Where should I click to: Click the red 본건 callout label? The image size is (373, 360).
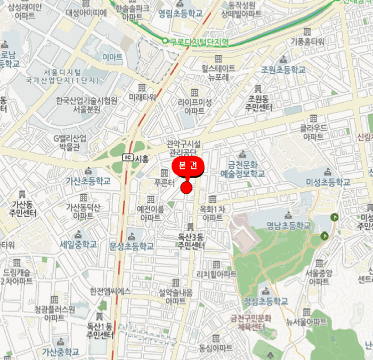(x=188, y=166)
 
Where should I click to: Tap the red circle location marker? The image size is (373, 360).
(x=186, y=188)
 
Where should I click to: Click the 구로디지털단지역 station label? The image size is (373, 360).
(x=198, y=42)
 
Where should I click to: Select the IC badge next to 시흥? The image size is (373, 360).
(x=127, y=158)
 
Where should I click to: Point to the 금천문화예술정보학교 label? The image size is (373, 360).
(x=242, y=170)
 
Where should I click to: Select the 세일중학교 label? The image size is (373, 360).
(x=78, y=244)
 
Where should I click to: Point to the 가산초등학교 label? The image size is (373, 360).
(x=88, y=181)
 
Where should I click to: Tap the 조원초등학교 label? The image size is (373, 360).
(x=283, y=69)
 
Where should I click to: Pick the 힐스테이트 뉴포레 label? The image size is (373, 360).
(x=218, y=73)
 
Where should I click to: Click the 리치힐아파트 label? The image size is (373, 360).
(x=216, y=274)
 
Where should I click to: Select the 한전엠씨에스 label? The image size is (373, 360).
(x=110, y=291)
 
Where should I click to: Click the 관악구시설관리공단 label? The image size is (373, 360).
(x=184, y=148)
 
